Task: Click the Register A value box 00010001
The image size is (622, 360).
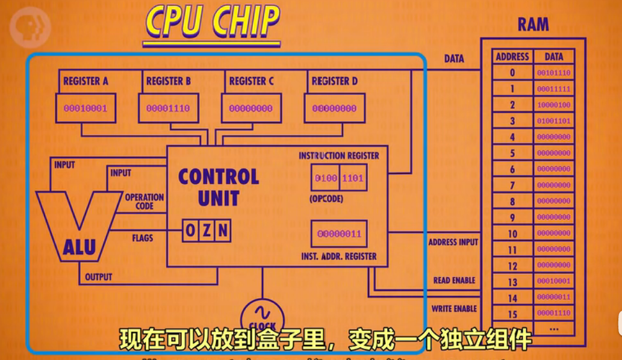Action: click(x=85, y=109)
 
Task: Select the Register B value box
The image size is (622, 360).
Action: click(x=168, y=109)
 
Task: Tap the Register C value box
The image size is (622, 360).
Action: click(x=250, y=109)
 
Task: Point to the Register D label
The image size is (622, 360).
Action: click(x=334, y=81)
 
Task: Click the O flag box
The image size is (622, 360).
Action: click(x=190, y=230)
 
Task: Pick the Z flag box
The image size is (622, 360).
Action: click(x=207, y=230)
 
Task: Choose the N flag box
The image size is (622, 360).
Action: click(x=223, y=230)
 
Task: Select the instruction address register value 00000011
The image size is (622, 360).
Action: click(x=339, y=234)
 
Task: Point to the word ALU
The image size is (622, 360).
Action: click(x=79, y=247)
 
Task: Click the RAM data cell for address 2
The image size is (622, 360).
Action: click(x=554, y=105)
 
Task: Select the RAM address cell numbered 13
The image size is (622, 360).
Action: click(x=512, y=282)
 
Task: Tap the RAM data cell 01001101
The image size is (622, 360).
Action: click(x=554, y=121)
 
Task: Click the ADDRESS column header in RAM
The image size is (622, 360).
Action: click(x=512, y=57)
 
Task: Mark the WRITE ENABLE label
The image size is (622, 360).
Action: click(x=454, y=309)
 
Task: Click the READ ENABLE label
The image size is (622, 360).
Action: click(x=454, y=281)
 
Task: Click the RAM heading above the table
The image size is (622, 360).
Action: click(x=533, y=25)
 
